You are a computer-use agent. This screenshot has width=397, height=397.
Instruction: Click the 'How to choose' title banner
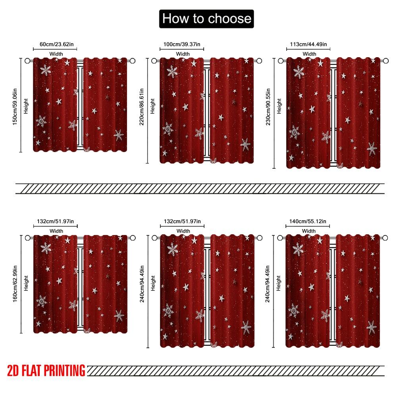click(x=206, y=19)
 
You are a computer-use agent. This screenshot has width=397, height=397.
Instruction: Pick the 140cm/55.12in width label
click(x=308, y=221)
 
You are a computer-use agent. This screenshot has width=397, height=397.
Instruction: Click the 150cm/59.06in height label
click(x=15, y=105)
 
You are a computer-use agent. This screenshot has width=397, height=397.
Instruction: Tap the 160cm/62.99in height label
click(x=15, y=283)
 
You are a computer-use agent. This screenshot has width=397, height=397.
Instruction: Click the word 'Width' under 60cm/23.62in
click(x=56, y=54)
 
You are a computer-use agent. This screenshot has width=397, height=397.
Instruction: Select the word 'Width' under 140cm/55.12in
click(x=309, y=231)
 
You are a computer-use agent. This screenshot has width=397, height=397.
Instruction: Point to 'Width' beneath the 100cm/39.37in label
click(x=183, y=54)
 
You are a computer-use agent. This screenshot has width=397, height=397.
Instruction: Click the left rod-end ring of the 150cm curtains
click(x=27, y=61)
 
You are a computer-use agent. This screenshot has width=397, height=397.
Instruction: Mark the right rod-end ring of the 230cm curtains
click(x=385, y=61)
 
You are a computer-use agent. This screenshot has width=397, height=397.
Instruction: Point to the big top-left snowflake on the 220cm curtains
click(x=172, y=71)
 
